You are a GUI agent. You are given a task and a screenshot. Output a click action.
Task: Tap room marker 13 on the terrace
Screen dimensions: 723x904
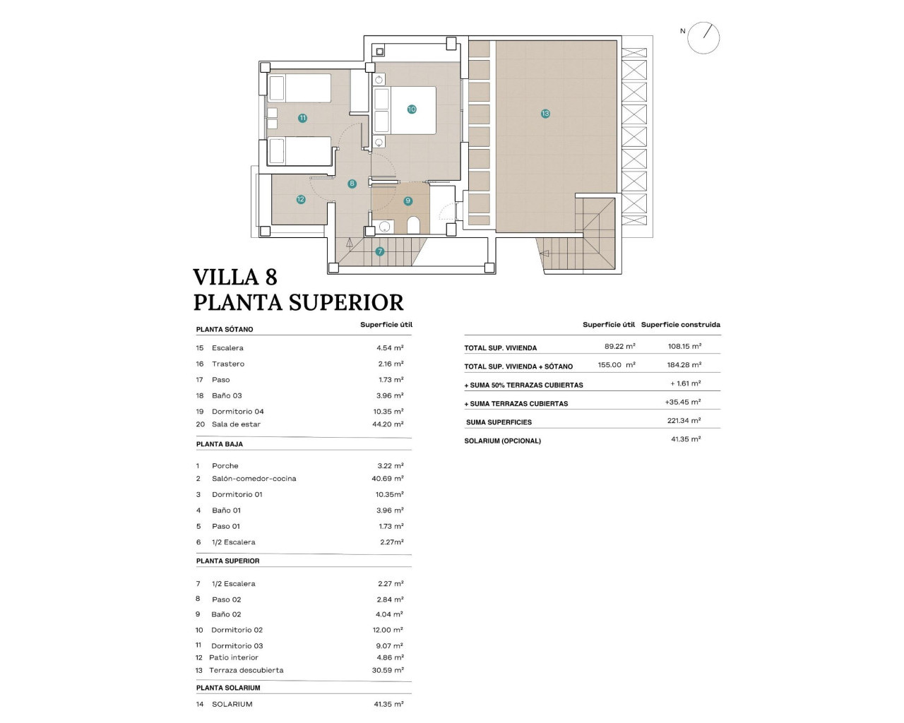point(545,114)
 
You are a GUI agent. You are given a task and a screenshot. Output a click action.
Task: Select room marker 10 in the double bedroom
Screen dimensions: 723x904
point(412,109)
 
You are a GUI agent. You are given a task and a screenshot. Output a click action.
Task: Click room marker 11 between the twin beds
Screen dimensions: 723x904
point(302,118)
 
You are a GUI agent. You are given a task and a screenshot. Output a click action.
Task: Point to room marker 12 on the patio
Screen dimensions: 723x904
point(301,200)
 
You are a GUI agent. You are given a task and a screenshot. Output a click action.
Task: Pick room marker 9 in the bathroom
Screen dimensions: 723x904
point(408,201)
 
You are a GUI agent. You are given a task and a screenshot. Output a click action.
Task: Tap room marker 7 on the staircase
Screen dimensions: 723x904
point(380,251)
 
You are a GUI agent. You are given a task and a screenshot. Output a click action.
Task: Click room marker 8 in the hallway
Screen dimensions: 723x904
point(352,184)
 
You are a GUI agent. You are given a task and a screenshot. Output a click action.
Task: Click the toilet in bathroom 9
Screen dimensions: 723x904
point(413,225)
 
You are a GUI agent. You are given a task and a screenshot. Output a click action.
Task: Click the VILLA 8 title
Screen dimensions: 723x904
point(235,276)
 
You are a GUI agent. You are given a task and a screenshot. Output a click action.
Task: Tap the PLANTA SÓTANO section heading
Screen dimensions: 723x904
point(225,330)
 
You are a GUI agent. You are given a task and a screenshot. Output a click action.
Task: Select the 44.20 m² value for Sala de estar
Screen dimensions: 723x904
point(389,424)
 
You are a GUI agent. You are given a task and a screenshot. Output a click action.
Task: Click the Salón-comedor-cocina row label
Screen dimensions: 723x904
point(254,479)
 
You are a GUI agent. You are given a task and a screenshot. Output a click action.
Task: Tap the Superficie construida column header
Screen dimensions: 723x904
point(680,325)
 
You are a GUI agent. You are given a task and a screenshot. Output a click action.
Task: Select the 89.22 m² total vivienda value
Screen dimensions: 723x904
point(619,347)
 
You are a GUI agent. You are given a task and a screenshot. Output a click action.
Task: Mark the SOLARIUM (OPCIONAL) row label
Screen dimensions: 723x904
point(502,441)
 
